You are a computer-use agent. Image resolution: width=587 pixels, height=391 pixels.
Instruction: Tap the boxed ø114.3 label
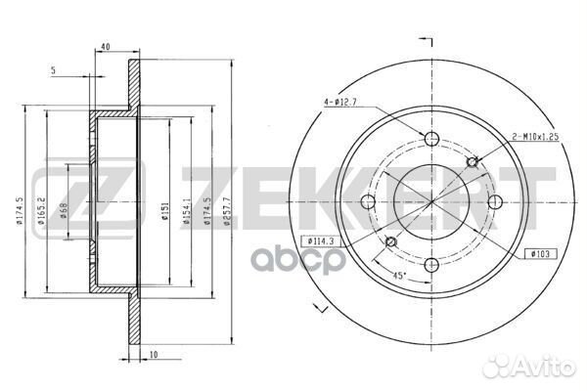[x=324, y=239]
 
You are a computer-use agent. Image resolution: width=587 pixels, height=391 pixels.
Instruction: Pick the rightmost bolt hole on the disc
[x=495, y=201]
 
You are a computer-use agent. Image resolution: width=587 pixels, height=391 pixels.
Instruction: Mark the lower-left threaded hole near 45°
[x=390, y=241]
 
